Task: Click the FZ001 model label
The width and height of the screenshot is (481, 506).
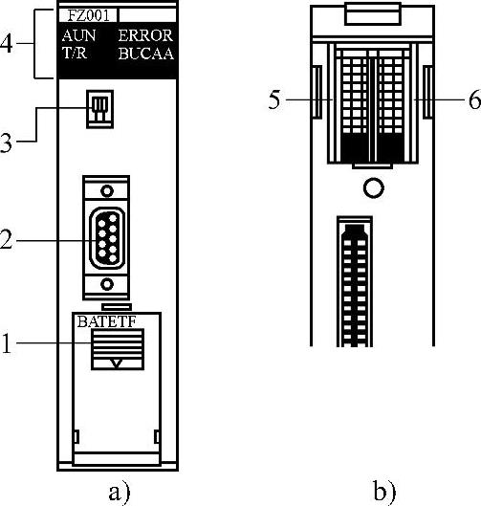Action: [x=88, y=15]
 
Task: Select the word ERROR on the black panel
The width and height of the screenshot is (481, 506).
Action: [x=145, y=35]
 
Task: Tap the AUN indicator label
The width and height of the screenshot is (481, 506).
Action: [x=78, y=35]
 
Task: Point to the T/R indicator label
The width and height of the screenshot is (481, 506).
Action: [x=75, y=53]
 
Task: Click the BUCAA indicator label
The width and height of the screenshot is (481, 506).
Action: [x=146, y=54]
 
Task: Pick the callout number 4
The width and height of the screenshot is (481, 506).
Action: [x=6, y=43]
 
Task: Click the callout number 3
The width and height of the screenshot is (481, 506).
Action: [x=6, y=143]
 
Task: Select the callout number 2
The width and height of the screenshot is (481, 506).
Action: [x=6, y=239]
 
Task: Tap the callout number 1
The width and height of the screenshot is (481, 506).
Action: [x=7, y=343]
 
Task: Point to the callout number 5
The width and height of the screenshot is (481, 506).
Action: [x=274, y=99]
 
